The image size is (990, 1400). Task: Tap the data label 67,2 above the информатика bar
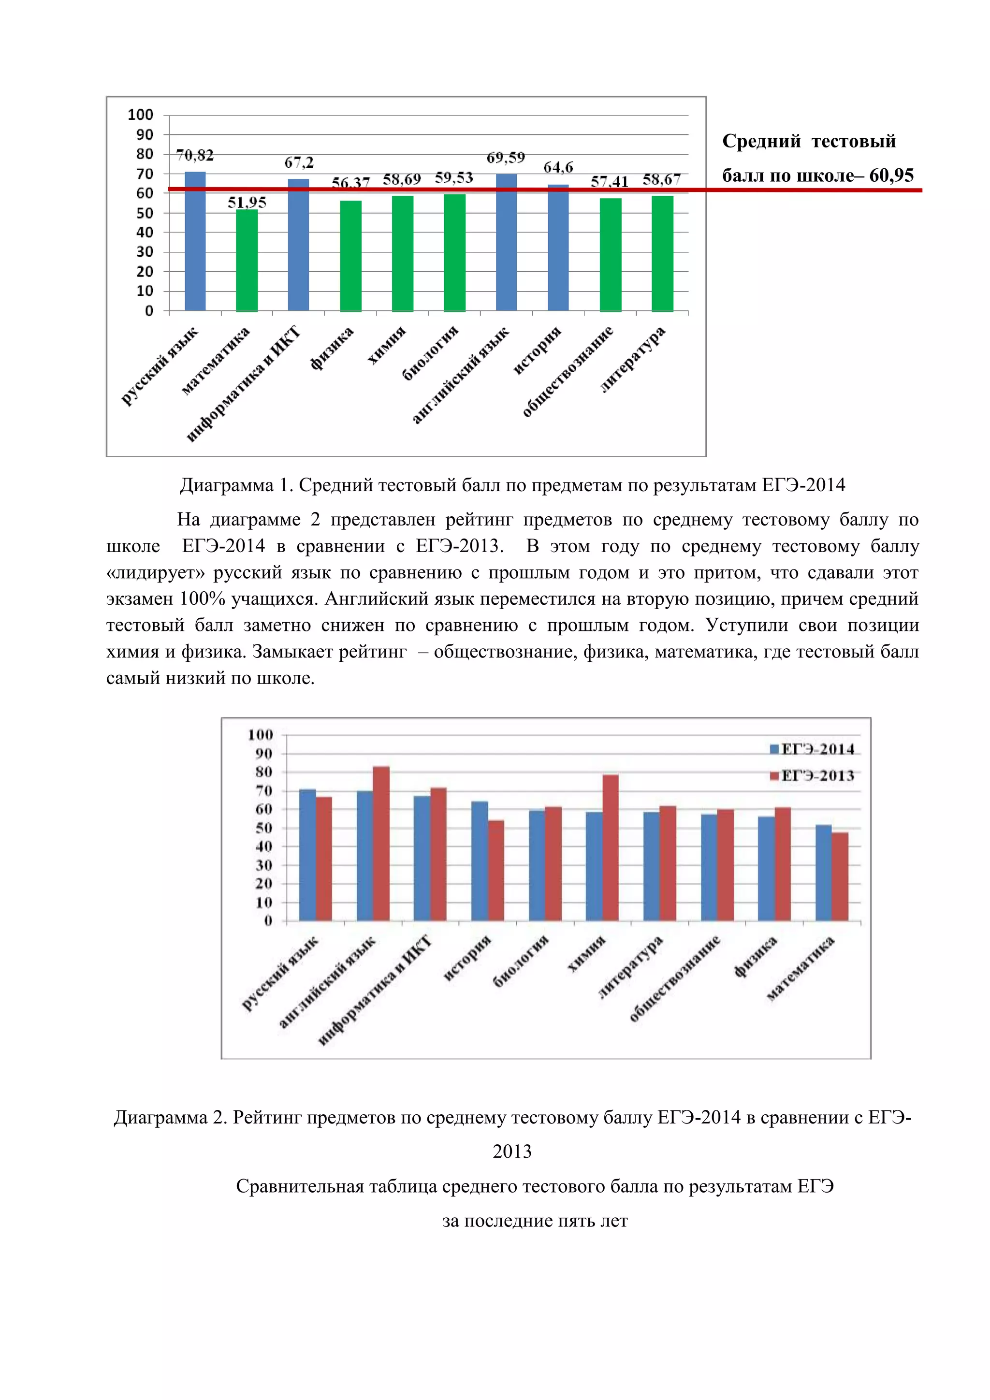tap(299, 163)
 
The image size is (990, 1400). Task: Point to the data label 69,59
tap(505, 158)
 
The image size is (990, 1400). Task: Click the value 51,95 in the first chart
tap(247, 203)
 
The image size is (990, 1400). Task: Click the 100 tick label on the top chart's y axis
tap(141, 115)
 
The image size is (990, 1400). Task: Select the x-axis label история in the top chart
tap(537, 350)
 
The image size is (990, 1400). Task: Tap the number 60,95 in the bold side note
tap(891, 175)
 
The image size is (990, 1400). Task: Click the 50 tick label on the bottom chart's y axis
tap(264, 828)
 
